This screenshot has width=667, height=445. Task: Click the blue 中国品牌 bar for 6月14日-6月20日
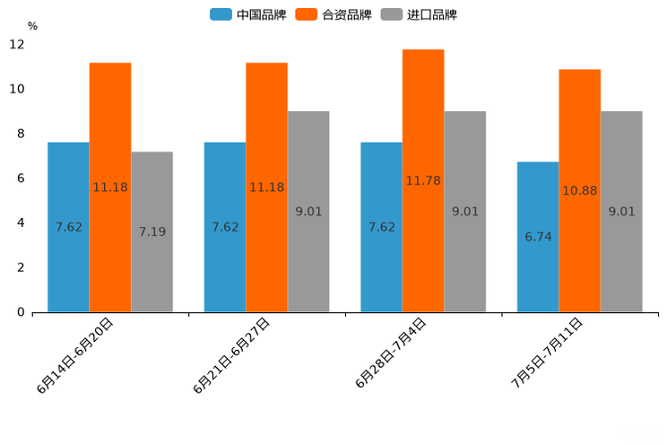68,227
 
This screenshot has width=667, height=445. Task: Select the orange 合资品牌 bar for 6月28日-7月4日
423,180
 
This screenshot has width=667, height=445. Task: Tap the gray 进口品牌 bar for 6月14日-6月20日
152,231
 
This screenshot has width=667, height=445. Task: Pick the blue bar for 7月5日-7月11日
538,237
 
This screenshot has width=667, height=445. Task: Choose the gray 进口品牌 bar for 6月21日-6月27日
308,212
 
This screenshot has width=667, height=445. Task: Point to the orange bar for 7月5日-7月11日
580,190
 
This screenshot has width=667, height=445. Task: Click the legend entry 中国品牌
248,14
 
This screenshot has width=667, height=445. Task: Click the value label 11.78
423,180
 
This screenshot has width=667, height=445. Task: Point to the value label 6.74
538,237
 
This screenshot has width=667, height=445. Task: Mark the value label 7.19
152,231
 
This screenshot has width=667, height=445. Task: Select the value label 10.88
580,190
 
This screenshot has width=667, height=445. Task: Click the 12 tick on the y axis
17,45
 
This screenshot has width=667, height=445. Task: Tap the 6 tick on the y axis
21,179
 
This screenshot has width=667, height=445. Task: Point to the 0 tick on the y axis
21,312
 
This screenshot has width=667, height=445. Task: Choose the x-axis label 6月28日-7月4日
391,353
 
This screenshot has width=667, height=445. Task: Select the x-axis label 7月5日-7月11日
547,353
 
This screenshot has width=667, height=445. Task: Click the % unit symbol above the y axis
32,26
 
